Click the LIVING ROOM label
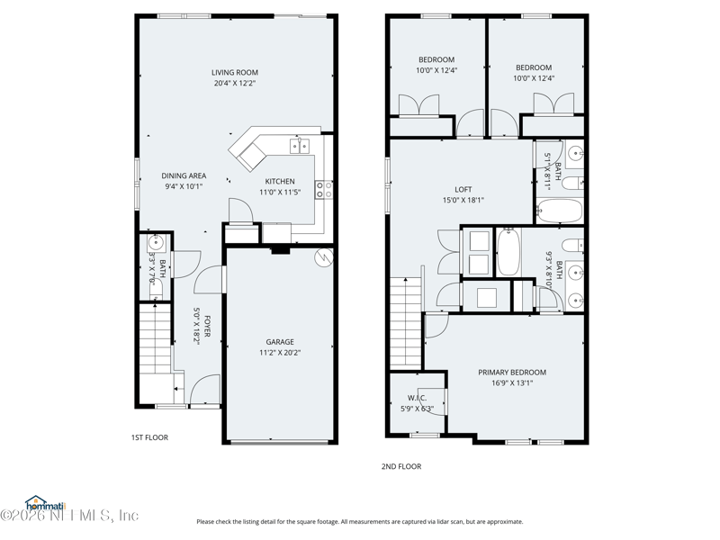point(235,73)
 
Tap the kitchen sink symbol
point(298,146)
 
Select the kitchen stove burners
point(323,189)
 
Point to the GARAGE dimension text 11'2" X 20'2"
point(279,353)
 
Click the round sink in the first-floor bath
point(155,242)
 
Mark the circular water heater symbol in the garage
point(323,259)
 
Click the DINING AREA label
point(184,175)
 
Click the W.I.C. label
point(417,398)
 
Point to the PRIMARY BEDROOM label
point(511,372)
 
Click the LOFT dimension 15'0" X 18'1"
point(463,200)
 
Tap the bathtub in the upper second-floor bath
point(559,211)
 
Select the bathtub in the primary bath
point(508,251)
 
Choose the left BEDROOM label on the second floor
point(436,59)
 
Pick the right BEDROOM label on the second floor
point(534,67)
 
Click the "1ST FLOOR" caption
point(149,437)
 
